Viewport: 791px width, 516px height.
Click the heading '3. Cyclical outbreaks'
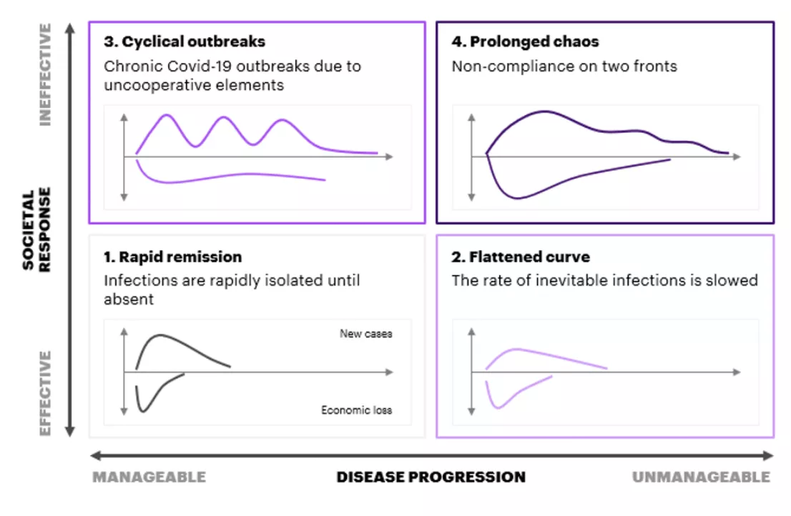pos(185,41)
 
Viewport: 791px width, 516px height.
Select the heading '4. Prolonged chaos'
pos(525,41)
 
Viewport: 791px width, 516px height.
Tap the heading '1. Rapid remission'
pos(173,257)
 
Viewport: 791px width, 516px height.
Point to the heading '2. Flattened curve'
pos(521,257)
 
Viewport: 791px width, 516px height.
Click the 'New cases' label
pos(365,334)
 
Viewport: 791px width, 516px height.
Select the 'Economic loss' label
pos(357,410)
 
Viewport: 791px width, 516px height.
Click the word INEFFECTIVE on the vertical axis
pos(45,74)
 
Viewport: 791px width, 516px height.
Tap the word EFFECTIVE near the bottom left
pos(45,393)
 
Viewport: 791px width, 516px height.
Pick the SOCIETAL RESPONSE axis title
pos(36,229)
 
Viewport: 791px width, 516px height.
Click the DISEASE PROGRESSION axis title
pos(431,477)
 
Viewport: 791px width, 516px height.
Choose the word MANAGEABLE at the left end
pos(149,477)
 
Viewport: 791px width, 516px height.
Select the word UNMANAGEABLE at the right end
pos(701,477)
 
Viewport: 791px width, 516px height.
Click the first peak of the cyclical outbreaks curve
pos(166,116)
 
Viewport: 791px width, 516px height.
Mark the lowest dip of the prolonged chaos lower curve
pos(517,197)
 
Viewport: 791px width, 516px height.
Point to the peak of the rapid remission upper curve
pos(160,335)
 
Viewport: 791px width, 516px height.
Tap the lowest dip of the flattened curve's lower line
pos(498,407)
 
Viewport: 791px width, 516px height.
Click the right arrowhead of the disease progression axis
pos(769,456)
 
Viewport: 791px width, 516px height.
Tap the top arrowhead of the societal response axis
pos(70,28)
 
